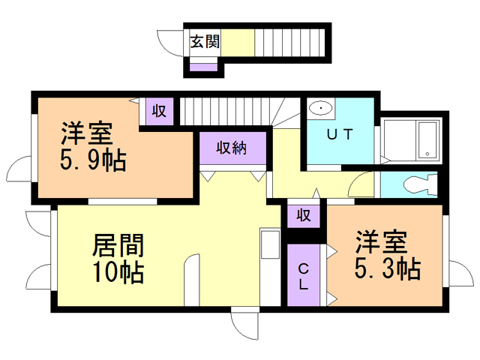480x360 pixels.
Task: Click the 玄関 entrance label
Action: pyautogui.click(x=204, y=41)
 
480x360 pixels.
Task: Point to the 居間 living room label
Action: pyautogui.click(x=118, y=244)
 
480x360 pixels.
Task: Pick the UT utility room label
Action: pyautogui.click(x=340, y=135)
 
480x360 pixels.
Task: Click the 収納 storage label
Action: pyautogui.click(x=232, y=148)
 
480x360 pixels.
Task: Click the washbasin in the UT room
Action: pyautogui.click(x=321, y=109)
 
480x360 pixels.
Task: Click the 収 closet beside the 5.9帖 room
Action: pyautogui.click(x=160, y=111)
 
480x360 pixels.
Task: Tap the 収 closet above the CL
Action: pyautogui.click(x=304, y=215)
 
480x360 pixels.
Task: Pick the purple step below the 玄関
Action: pyautogui.click(x=203, y=67)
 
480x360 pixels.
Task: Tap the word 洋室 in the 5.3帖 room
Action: pyautogui.click(x=381, y=241)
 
